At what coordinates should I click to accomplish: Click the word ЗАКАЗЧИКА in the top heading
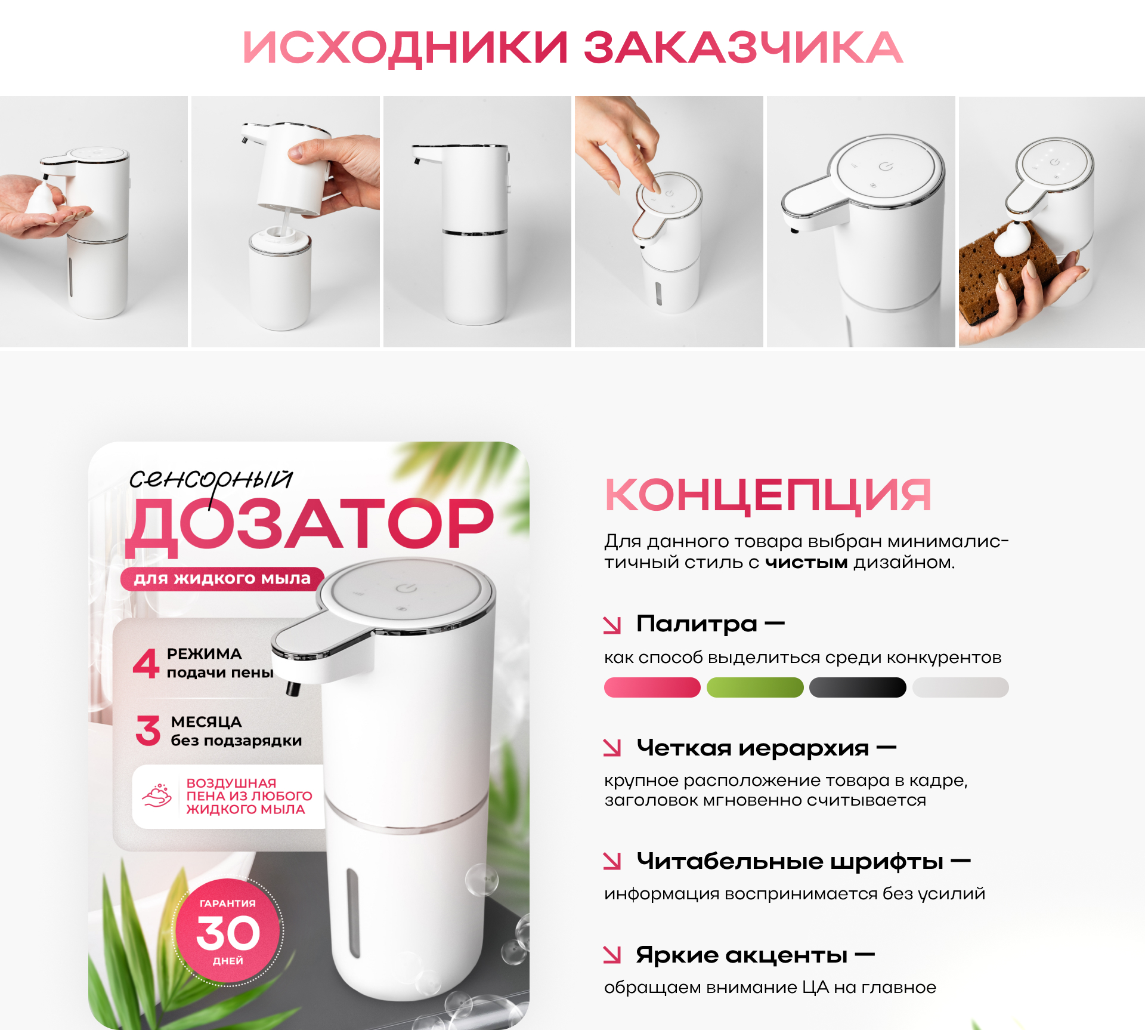pyautogui.click(x=742, y=48)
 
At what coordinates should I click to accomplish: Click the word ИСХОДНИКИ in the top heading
pyautogui.click(x=406, y=48)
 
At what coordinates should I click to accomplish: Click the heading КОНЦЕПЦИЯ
pyautogui.click(x=768, y=495)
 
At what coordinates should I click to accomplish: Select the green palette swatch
pyautogui.click(x=755, y=687)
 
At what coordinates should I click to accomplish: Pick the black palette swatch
pyautogui.click(x=858, y=687)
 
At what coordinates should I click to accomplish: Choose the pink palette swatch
pyautogui.click(x=652, y=687)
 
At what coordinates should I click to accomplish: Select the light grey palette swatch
pyautogui.click(x=960, y=687)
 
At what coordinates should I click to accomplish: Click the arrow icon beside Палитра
pyautogui.click(x=612, y=625)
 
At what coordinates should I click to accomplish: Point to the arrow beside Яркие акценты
pyautogui.click(x=612, y=955)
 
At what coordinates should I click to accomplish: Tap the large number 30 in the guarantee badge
pyautogui.click(x=228, y=933)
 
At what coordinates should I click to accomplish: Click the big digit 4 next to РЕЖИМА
pyautogui.click(x=146, y=664)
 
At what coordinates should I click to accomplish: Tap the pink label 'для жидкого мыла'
pyautogui.click(x=222, y=578)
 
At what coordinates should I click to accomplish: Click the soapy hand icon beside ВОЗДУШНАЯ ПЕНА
pyautogui.click(x=157, y=796)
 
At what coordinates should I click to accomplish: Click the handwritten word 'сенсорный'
pyautogui.click(x=211, y=479)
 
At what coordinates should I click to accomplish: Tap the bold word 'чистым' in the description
pyautogui.click(x=806, y=562)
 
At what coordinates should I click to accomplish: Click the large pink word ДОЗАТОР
pyautogui.click(x=310, y=524)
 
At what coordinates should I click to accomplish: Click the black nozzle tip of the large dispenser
pyautogui.click(x=292, y=689)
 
